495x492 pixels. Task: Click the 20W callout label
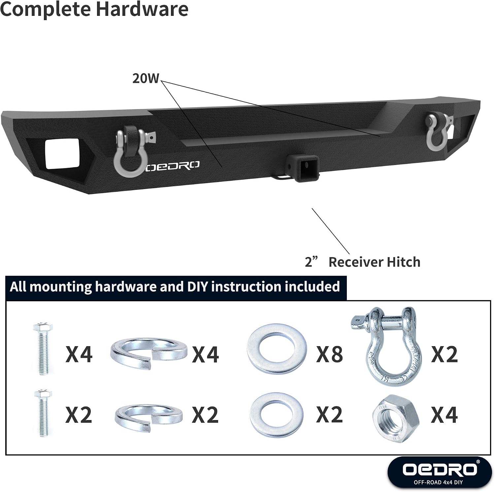[146, 79]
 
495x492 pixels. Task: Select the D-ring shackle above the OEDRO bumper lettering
[130, 151]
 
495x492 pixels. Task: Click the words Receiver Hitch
[375, 262]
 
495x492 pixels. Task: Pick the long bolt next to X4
[42, 348]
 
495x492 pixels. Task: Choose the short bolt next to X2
[42, 413]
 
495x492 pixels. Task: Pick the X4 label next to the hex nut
[445, 415]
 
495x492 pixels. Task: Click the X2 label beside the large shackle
[445, 354]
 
